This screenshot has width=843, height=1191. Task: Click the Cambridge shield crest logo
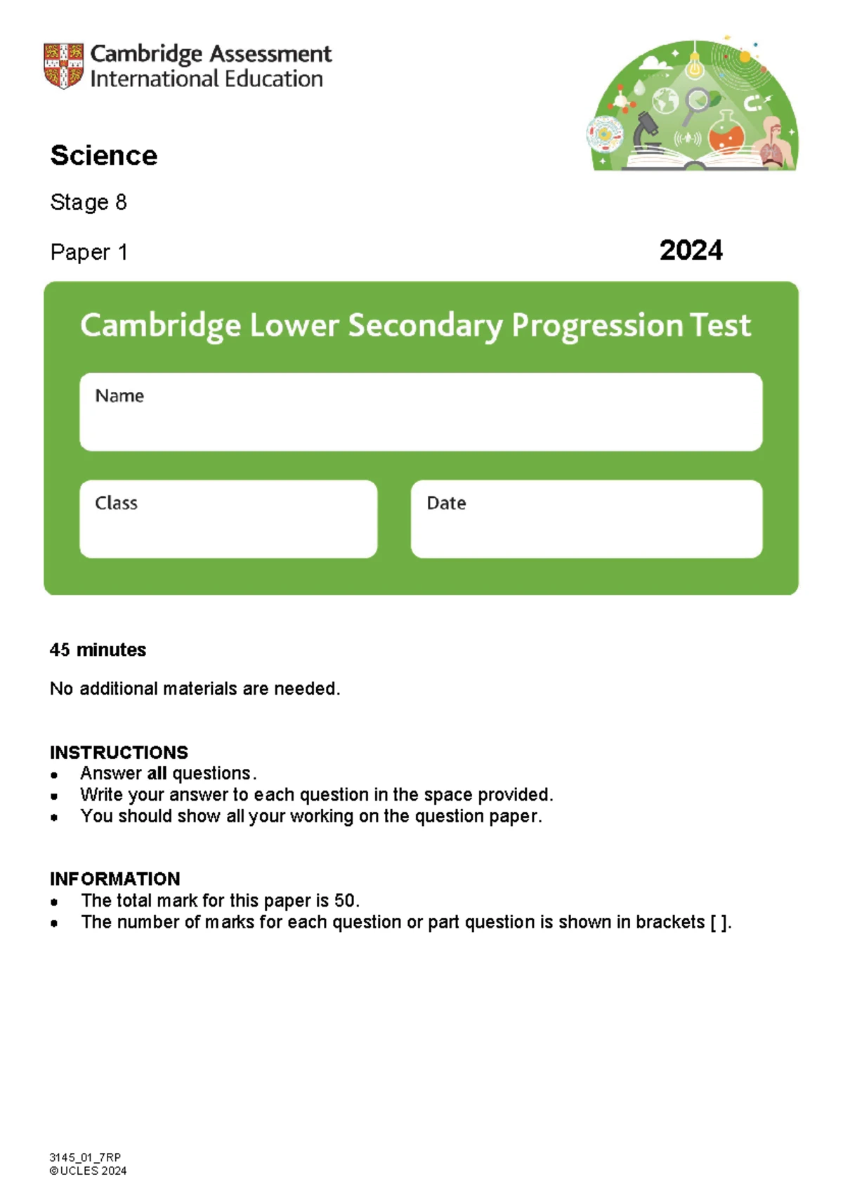[x=63, y=66]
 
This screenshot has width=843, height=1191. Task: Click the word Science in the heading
[x=104, y=156]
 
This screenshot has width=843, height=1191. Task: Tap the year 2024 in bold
[x=691, y=251]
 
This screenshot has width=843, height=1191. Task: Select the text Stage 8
[x=89, y=203]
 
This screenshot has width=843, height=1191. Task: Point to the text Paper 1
[x=89, y=253]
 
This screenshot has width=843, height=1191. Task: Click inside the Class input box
[x=228, y=527]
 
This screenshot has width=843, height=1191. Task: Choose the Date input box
[x=587, y=527]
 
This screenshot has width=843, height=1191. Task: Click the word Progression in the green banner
[x=596, y=326]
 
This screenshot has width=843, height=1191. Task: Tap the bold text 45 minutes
[x=98, y=650]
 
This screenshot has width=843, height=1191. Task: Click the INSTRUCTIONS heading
[x=119, y=753]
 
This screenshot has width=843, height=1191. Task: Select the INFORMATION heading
[x=115, y=879]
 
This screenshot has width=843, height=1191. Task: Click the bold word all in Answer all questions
[x=157, y=774]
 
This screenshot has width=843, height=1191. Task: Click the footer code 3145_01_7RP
[x=85, y=1157]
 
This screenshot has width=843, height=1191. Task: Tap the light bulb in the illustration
[x=695, y=65]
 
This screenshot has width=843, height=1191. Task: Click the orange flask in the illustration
[x=726, y=133]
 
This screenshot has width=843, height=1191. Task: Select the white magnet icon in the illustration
[x=752, y=105]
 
